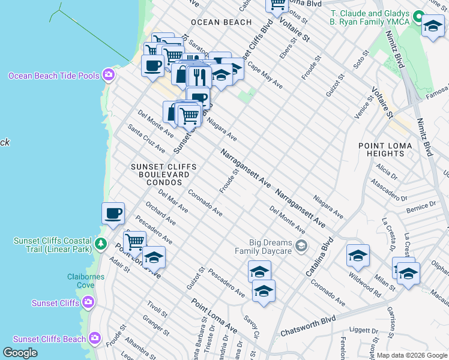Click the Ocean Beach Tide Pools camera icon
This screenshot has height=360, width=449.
109,75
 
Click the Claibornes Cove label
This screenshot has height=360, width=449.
86,281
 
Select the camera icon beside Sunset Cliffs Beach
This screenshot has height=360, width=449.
95,339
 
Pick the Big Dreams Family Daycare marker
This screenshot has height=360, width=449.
301,245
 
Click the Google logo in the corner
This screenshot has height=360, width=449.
20,353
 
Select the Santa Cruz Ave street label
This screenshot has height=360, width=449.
146,138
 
